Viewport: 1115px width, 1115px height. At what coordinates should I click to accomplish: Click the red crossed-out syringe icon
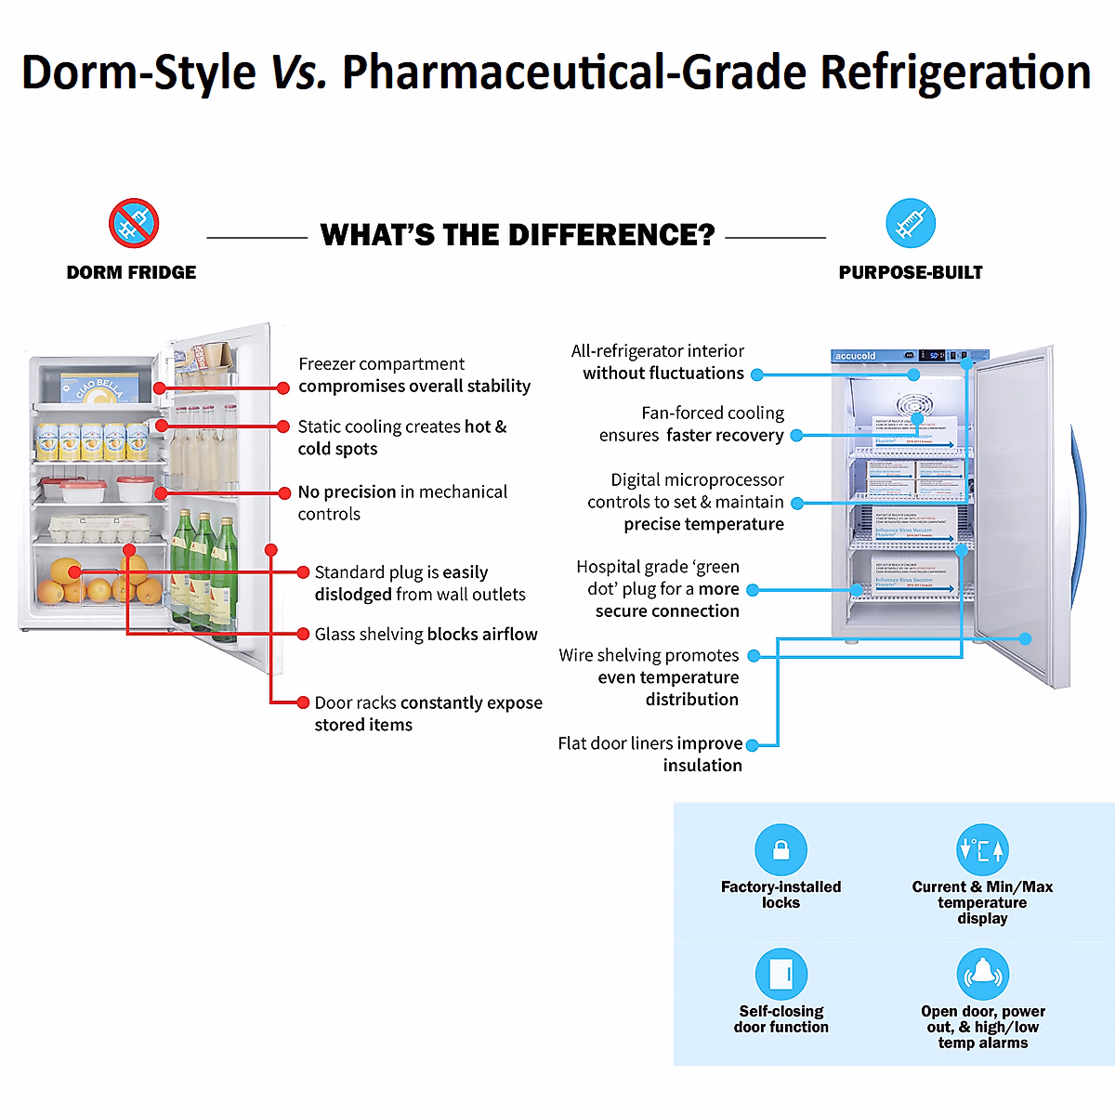[x=134, y=223]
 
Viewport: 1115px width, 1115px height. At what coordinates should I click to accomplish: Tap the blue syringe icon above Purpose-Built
[x=911, y=223]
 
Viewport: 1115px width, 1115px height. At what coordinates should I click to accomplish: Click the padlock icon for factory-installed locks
[x=781, y=849]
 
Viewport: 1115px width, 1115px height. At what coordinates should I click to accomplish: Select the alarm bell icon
[x=982, y=974]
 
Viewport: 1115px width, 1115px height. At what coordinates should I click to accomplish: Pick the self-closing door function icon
[x=781, y=974]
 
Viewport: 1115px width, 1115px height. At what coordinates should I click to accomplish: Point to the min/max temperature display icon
[x=982, y=849]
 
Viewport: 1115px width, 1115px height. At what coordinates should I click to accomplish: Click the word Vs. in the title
[x=298, y=72]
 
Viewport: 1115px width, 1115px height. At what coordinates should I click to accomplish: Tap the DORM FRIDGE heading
[x=131, y=272]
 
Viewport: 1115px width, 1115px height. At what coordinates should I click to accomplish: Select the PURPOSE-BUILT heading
[x=911, y=272]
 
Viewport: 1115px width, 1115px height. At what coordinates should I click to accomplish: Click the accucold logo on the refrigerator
[x=856, y=356]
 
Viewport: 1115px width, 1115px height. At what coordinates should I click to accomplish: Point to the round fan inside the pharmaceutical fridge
[x=914, y=405]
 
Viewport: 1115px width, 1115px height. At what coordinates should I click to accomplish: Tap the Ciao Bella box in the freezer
[x=99, y=387]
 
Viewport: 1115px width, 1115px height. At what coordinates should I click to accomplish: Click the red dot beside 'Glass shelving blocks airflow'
[x=303, y=634]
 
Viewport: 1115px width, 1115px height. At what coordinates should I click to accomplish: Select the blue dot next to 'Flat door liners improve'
[x=753, y=744]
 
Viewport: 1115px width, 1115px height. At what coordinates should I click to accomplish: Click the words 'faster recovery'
[x=725, y=435]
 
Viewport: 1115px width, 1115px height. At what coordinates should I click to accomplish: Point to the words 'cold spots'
[x=337, y=449]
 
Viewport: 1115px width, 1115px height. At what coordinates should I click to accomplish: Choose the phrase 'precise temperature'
[x=703, y=524]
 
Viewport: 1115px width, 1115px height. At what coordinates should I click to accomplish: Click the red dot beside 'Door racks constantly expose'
[x=303, y=702]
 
